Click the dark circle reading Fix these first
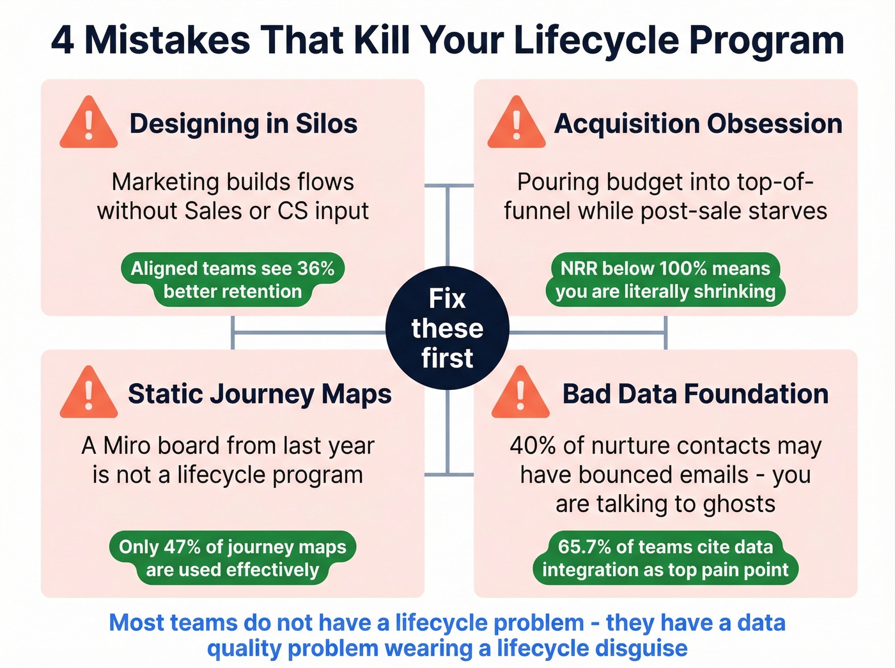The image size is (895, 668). (447, 328)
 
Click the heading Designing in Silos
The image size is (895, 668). (243, 123)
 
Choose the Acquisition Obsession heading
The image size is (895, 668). (698, 123)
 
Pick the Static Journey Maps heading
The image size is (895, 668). (260, 394)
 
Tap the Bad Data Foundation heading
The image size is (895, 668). (695, 394)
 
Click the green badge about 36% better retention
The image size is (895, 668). (233, 279)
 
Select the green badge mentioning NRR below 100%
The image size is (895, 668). (665, 279)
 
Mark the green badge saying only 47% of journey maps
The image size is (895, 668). (233, 558)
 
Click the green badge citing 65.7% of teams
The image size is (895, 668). (665, 558)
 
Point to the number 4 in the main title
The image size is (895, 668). (63, 40)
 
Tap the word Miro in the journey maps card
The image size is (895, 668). (126, 446)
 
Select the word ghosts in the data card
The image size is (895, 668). (738, 504)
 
